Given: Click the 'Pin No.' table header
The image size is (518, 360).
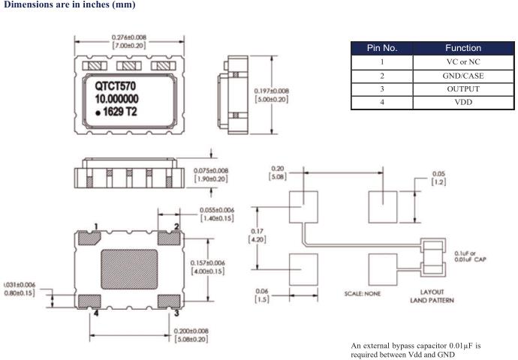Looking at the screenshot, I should [x=381, y=48].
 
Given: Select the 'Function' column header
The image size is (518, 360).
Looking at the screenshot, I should [x=462, y=48].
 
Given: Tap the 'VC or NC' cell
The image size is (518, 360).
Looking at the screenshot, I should [x=462, y=62].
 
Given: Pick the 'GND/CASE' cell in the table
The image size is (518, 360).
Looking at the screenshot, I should [x=462, y=76].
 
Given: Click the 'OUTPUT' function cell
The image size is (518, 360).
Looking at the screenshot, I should [x=462, y=89].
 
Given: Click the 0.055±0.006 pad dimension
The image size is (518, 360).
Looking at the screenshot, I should [x=216, y=214].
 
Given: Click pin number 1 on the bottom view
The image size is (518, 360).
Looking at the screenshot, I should [x=96, y=226].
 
